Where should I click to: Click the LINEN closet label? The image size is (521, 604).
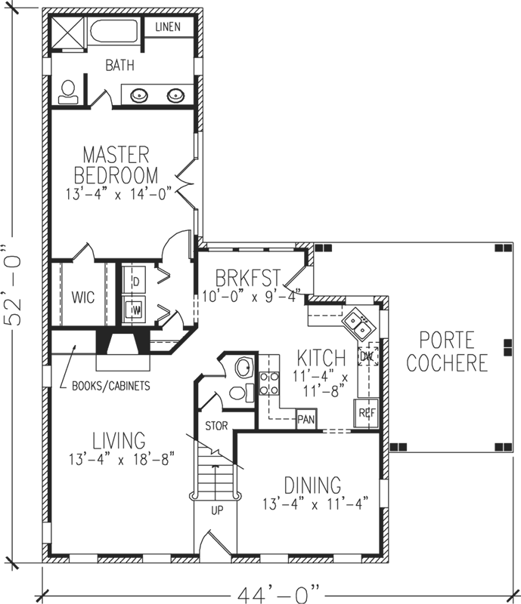point(169,28)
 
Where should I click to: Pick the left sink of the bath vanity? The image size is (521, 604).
point(140,95)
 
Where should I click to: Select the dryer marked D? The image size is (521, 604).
point(137,282)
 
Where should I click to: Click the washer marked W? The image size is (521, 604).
point(137,309)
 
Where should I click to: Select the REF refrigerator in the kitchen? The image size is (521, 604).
point(367,412)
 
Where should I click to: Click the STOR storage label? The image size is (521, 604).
point(216,425)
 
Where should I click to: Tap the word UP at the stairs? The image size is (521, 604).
point(217,511)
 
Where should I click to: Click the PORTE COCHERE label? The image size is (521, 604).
point(446,351)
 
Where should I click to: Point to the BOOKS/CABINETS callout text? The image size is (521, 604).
point(110,386)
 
